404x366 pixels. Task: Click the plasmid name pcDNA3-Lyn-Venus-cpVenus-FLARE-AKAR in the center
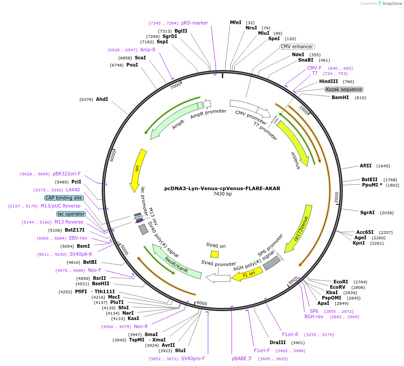point(222,188)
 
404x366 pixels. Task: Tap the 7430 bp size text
point(222,194)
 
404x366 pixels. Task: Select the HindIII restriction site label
point(328,82)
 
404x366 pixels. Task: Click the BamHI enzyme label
point(340,97)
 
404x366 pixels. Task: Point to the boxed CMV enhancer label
point(297,46)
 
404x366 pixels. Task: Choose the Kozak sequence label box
point(344,89)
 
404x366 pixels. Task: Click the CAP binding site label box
point(63,198)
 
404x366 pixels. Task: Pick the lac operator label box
point(71,214)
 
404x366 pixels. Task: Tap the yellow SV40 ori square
point(215,254)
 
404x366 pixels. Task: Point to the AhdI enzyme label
point(102,99)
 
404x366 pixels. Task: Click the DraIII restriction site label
point(277,343)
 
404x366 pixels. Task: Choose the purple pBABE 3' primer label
point(242,358)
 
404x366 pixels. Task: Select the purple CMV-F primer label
point(314,68)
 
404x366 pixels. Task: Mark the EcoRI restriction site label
point(341,282)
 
